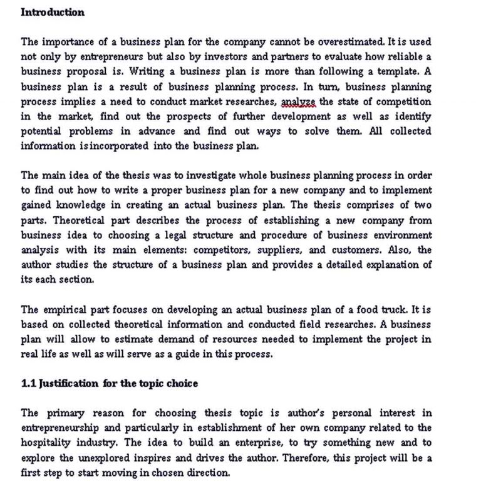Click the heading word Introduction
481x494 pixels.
(53, 13)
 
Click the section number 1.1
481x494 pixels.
(28, 383)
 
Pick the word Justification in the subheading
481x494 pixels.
(70, 383)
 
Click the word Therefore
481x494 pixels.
(308, 458)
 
